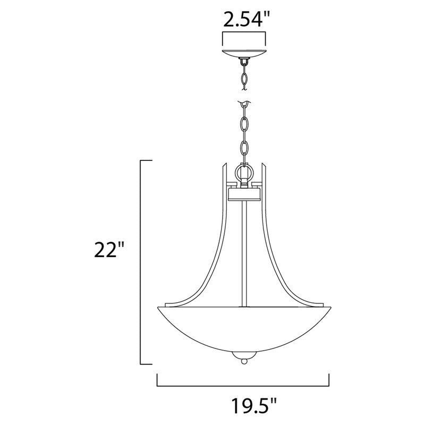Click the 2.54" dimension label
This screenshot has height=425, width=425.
243,21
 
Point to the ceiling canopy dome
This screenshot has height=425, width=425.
243,53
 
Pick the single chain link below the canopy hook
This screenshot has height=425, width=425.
243,78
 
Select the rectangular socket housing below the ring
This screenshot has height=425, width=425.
243,192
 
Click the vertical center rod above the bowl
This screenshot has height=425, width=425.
243,250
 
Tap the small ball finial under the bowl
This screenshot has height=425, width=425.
243,362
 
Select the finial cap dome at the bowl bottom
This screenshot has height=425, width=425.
243,354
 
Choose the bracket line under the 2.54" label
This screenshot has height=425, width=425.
243,33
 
